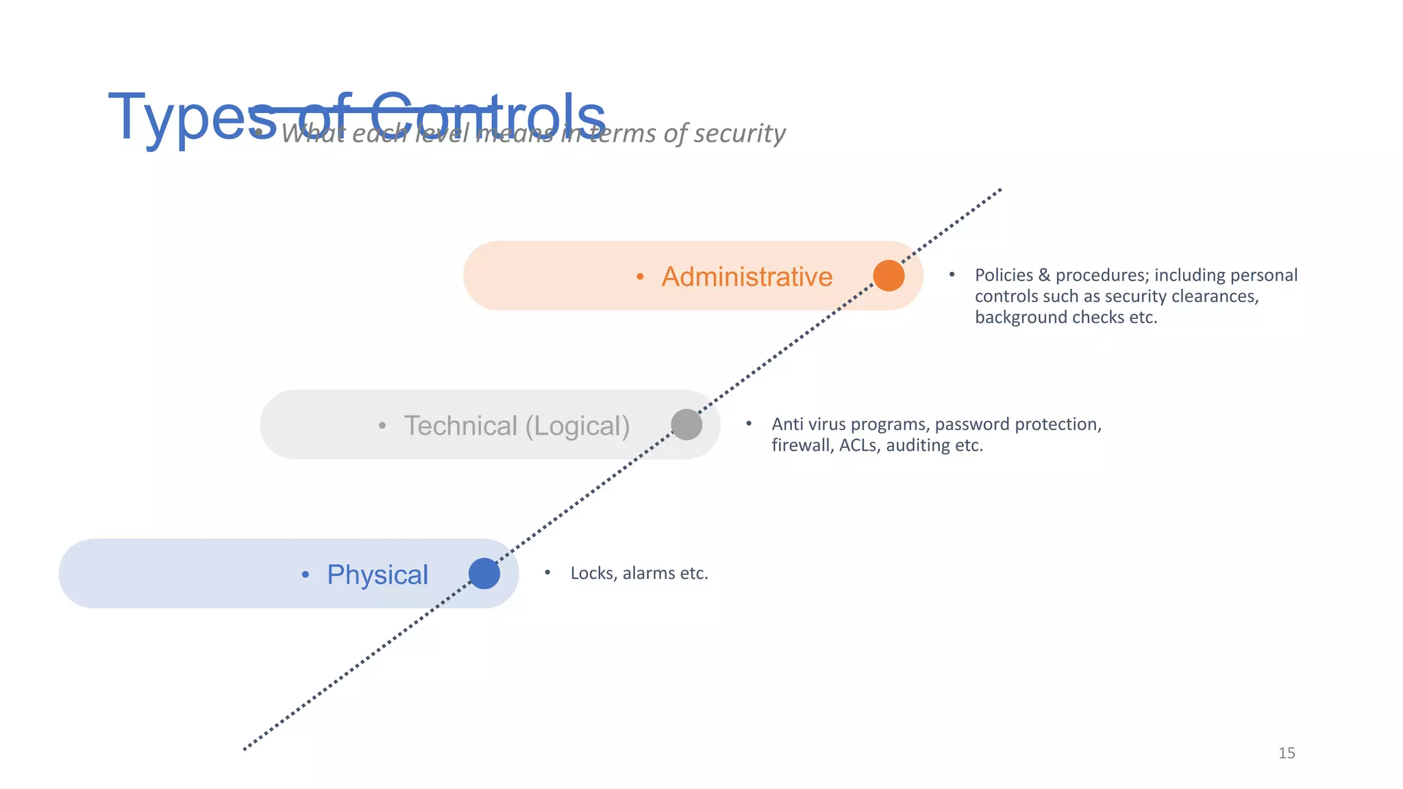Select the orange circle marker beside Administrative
[x=889, y=275]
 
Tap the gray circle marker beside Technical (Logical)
[x=686, y=425]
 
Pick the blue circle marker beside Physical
[x=484, y=574]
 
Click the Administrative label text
[x=747, y=277]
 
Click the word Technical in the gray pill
[x=460, y=426]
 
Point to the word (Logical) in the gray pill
[x=578, y=426]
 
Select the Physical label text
[x=377, y=575]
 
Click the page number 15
[x=1287, y=753]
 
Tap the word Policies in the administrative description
[x=1004, y=275]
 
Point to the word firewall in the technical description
[x=801, y=446]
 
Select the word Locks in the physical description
[x=593, y=573]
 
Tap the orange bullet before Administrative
[x=640, y=277]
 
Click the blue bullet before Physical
[x=306, y=575]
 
